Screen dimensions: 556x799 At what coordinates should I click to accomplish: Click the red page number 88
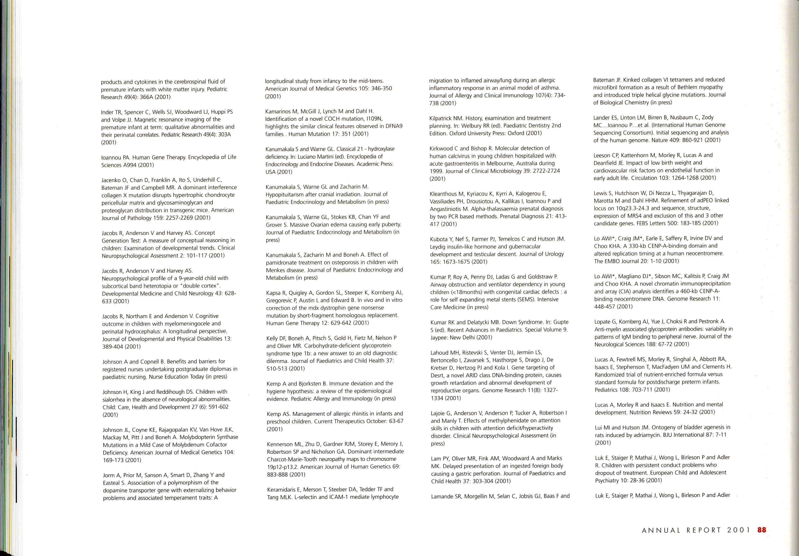pos(761,530)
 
